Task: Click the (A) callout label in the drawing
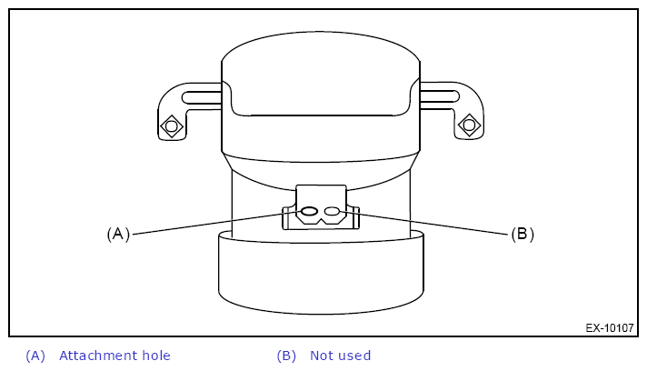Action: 118,234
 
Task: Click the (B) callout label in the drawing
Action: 523,234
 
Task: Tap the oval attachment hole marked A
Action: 309,211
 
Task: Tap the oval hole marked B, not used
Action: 332,211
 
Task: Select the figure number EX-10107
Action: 610,328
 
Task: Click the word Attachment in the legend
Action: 98,356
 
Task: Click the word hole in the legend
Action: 156,356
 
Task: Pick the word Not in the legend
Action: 320,356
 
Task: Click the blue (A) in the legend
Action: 35,356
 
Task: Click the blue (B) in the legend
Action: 286,356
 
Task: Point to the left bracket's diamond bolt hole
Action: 172,125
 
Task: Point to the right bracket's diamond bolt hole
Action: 469,125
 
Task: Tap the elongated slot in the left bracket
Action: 202,97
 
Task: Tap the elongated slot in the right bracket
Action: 440,96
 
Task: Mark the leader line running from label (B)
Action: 423,223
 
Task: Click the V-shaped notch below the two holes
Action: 321,221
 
